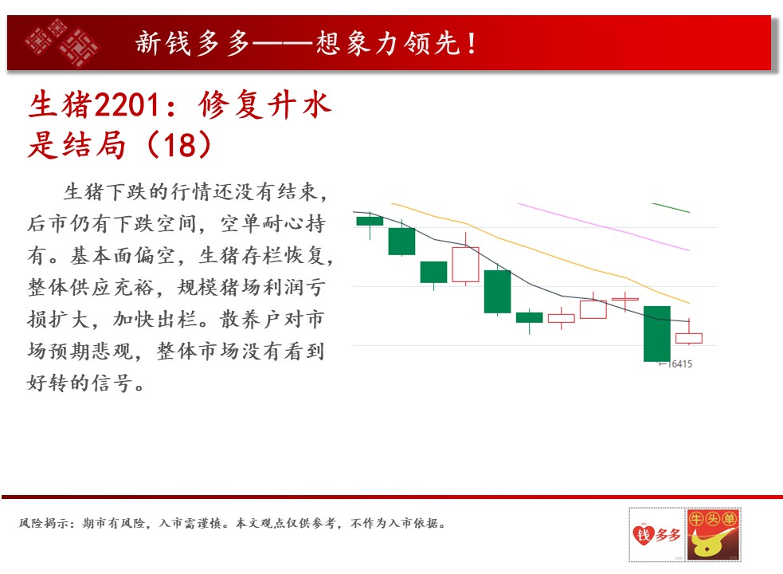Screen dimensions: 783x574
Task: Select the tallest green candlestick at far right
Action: pos(656,333)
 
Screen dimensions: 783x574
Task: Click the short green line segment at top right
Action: pos(671,207)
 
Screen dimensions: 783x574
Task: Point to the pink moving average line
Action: pos(604,226)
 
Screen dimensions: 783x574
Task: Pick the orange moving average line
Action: pos(540,253)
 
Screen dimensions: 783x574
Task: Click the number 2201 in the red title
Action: pos(127,105)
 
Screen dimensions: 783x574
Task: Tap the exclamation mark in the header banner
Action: pos(472,43)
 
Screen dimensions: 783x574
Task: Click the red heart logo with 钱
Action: pos(643,534)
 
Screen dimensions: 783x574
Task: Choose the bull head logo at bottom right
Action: pos(713,534)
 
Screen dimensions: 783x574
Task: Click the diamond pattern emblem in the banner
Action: pos(62,42)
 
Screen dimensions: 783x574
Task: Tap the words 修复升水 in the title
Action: pos(264,105)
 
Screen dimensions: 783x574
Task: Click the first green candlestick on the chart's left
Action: pos(370,221)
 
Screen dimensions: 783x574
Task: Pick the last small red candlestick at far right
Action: pos(689,338)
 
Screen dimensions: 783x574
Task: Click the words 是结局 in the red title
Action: pos(76,145)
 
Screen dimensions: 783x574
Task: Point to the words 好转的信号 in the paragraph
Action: pos(80,383)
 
